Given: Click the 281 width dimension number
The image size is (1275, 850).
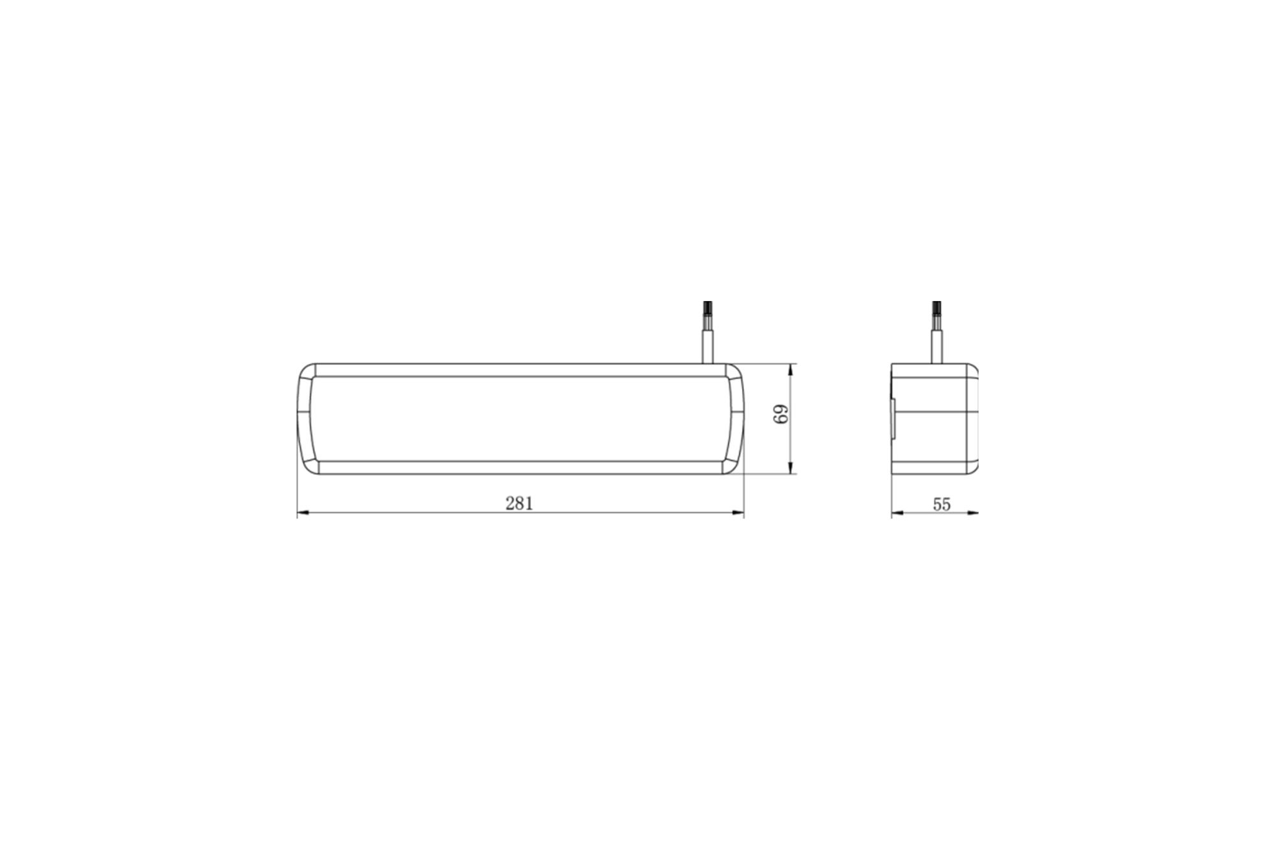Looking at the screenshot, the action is pos(519,503).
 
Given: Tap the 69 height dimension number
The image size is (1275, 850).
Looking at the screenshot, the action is pos(782,414).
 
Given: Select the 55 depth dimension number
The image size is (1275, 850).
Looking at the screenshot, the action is pos(942,504).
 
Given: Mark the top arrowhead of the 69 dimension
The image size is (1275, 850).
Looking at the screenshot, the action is pos(791,370).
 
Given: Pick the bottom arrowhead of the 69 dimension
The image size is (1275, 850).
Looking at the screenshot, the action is pos(791,469).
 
